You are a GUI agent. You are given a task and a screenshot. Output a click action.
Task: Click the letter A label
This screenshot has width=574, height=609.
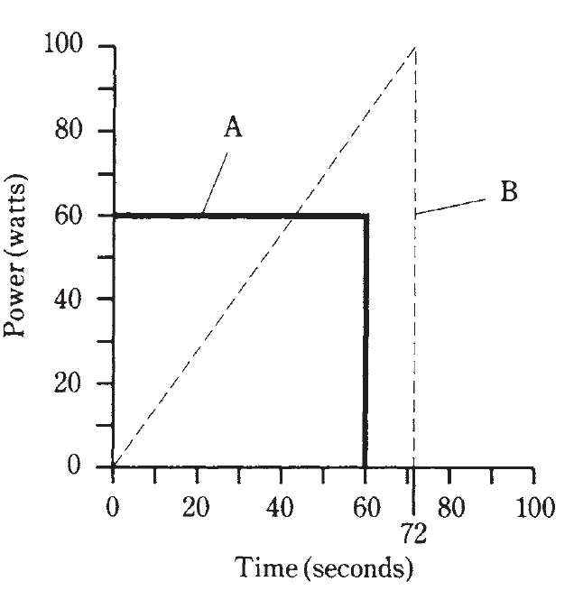(x=233, y=129)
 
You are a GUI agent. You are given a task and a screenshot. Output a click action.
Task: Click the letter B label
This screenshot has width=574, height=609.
(x=508, y=192)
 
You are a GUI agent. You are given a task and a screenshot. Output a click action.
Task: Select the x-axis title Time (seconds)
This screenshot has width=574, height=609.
(x=324, y=569)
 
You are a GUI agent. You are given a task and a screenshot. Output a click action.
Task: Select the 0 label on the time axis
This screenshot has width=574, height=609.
(x=113, y=506)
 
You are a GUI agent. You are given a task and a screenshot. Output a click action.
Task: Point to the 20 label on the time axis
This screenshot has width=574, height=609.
(x=197, y=506)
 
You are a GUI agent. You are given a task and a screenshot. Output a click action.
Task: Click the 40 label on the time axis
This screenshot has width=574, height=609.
(x=282, y=506)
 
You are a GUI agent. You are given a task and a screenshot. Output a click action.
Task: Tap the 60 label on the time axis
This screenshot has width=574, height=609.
(x=365, y=506)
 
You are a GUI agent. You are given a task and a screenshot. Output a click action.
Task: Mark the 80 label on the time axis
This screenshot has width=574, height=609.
(x=450, y=506)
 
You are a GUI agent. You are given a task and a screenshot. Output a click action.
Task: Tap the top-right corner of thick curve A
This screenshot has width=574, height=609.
(x=366, y=216)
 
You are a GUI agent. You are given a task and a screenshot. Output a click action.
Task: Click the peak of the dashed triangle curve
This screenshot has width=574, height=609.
(x=414, y=47)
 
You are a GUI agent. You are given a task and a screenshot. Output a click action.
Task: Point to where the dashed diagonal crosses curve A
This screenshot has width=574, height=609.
(x=294, y=216)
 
